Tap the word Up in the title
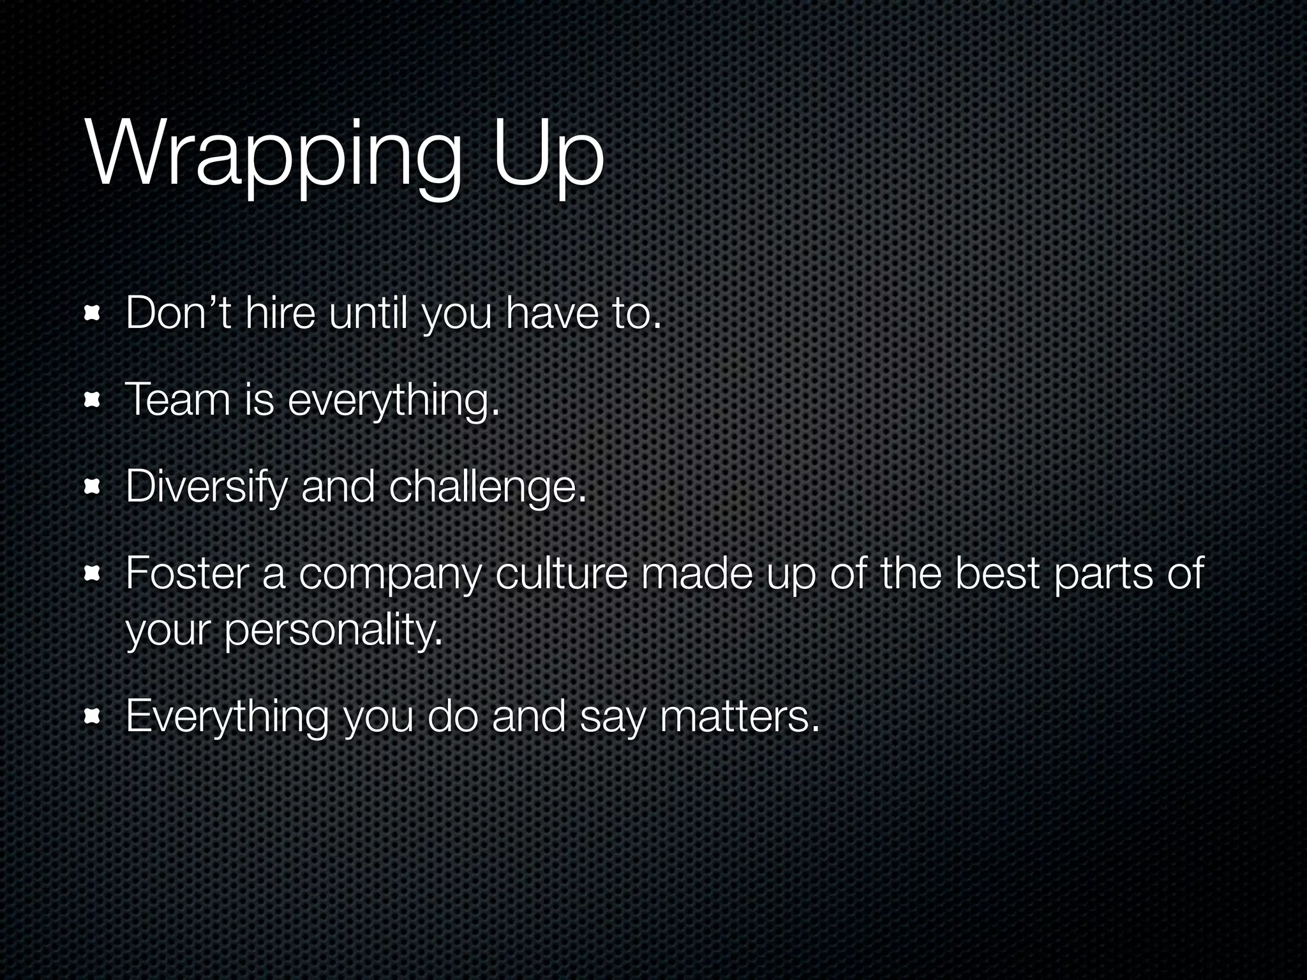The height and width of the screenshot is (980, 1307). (x=548, y=156)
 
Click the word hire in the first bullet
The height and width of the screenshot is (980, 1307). (x=280, y=314)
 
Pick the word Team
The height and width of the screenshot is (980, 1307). (x=177, y=400)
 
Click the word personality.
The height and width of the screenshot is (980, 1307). (x=332, y=630)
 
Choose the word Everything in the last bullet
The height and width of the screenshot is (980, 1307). (x=227, y=717)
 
